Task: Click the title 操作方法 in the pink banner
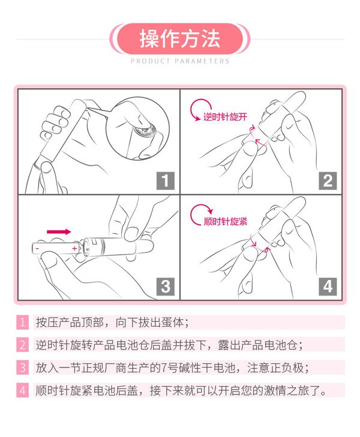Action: point(180,39)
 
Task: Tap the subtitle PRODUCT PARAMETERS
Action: point(180,61)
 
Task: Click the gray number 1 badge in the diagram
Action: point(166,180)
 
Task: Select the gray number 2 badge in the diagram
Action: point(328,180)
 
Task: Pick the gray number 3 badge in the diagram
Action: point(166,287)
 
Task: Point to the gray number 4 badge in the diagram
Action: point(328,287)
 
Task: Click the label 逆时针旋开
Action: point(225,116)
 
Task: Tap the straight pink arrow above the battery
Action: point(59,231)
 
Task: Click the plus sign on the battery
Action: point(74,248)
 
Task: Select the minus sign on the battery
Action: point(37,248)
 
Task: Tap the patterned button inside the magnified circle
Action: point(145,131)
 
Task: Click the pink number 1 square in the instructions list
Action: point(22,322)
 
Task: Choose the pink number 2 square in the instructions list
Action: point(22,345)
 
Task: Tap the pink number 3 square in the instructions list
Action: point(22,367)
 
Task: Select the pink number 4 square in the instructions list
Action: point(22,390)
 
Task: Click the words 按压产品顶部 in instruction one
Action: point(70,323)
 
